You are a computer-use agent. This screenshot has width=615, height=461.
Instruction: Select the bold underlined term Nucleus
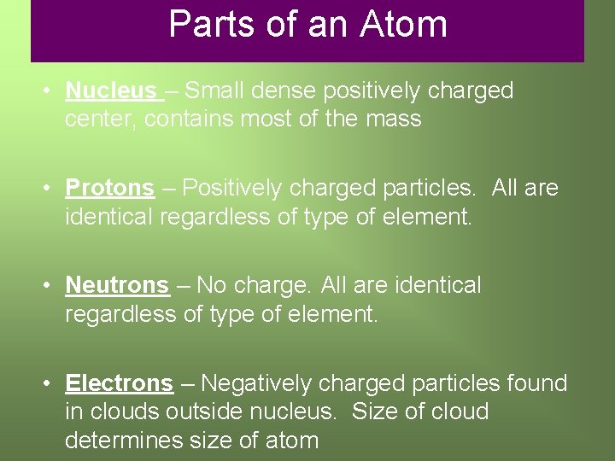click(x=110, y=90)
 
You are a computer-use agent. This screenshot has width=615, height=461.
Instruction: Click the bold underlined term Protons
click(x=110, y=188)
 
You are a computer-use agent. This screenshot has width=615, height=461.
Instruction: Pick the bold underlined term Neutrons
click(x=117, y=285)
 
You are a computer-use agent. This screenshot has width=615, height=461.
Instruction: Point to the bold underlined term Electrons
click(x=119, y=383)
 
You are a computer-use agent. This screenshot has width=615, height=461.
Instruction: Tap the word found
click(x=534, y=383)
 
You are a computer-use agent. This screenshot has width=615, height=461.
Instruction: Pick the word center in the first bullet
click(x=101, y=119)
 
